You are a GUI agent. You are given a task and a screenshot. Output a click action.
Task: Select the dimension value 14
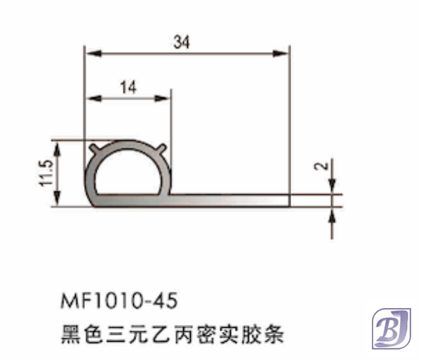128,87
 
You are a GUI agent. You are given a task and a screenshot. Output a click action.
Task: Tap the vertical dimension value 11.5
47,173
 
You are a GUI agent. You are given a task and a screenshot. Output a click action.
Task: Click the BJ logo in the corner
389,328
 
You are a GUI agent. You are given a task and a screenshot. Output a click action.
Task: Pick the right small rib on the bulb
162,148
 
